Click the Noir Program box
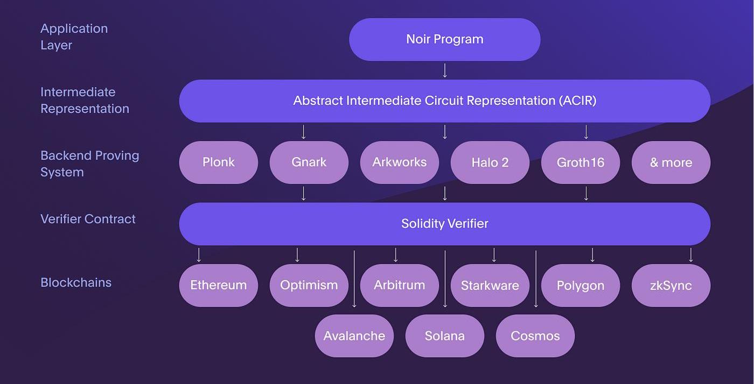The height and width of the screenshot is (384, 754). coord(444,39)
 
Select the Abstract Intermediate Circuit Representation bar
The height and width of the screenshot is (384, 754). coord(444,101)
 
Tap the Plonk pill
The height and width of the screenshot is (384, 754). coord(218,162)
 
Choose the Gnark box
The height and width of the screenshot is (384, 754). coord(309,162)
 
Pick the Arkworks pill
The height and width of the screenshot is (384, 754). coord(399,162)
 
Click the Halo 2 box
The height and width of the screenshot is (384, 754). coord(490,162)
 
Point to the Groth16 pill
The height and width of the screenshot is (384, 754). coord(580,162)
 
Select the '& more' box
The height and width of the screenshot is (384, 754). coord(671,162)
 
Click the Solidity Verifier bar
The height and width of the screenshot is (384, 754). coord(444,224)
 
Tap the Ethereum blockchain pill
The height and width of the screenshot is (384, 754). coord(218,285)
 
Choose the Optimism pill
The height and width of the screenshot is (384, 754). coord(309,285)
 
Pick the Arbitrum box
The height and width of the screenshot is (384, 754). coord(399,285)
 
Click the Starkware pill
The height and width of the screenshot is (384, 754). coord(490,285)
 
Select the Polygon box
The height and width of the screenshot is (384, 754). coord(580,285)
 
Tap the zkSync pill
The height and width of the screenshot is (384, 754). coord(671,285)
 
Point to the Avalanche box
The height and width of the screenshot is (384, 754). coord(354,336)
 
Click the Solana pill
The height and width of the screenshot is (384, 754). coord(444,336)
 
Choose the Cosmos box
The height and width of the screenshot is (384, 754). coord(535,336)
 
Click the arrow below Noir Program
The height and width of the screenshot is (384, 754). coord(445,70)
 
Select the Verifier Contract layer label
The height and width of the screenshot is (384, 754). coord(88,219)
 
